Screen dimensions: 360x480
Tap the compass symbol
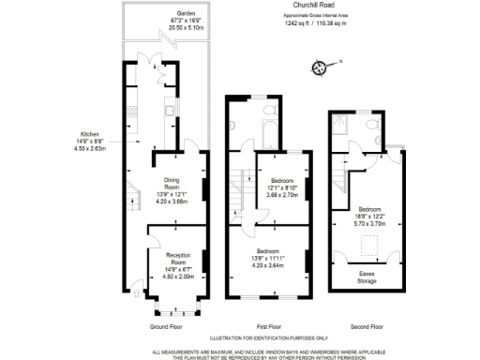pyautogui.click(x=321, y=67)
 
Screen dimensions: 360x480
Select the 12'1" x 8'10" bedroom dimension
pyautogui.click(x=282, y=187)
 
